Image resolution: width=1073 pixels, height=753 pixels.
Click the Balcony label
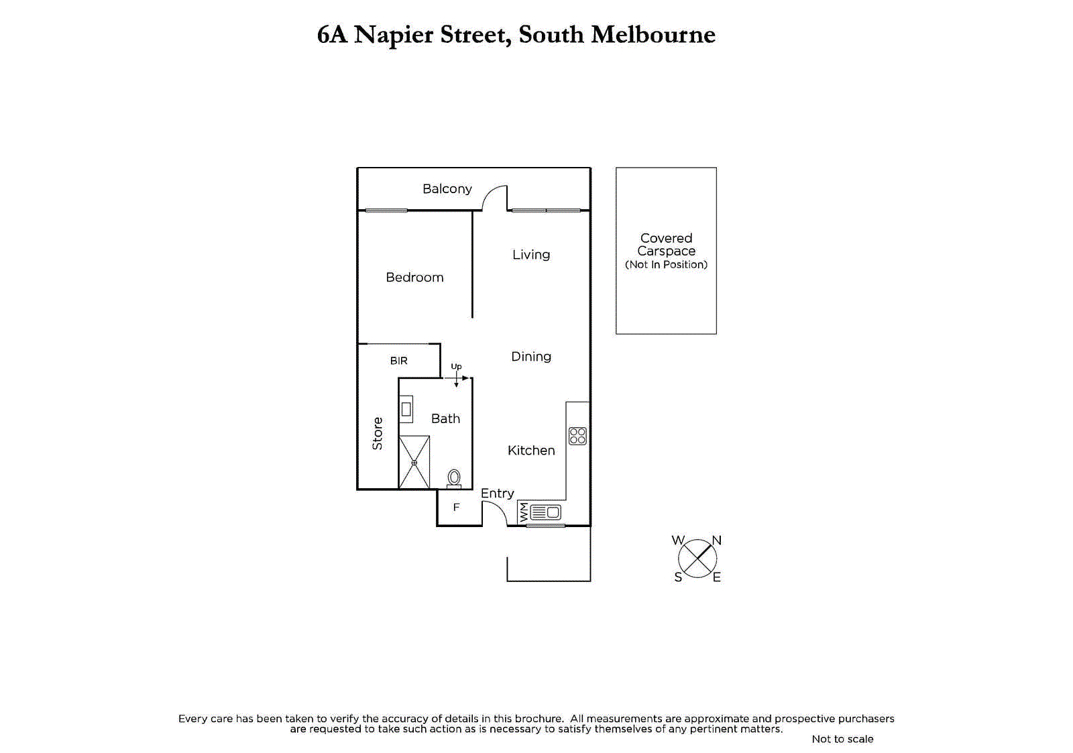point(447,189)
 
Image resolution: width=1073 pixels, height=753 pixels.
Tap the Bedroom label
point(414,278)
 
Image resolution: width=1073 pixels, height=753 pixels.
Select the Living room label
point(530,255)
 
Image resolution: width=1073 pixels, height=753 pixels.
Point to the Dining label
point(530,357)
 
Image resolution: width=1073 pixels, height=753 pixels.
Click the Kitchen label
point(530,451)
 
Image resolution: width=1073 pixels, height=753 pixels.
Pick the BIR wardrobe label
point(398,361)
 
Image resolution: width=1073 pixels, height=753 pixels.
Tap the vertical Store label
point(378,433)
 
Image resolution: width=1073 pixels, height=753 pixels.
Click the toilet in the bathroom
point(454,478)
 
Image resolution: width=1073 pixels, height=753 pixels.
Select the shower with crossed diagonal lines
point(414,462)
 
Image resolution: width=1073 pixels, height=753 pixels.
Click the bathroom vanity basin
point(406,408)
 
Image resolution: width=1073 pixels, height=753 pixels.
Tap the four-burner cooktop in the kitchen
point(577,436)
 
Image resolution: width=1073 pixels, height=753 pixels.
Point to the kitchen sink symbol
point(546,513)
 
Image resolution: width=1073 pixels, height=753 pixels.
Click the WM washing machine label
point(524,513)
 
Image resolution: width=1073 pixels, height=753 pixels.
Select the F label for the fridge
point(456,508)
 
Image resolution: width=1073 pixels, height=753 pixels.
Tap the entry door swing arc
point(496,513)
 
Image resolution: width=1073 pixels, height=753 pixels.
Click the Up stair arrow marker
point(457,376)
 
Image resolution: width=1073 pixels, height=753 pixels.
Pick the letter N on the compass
point(716,540)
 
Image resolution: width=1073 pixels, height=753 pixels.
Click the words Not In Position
point(666,265)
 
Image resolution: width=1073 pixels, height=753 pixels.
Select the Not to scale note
point(842,739)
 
